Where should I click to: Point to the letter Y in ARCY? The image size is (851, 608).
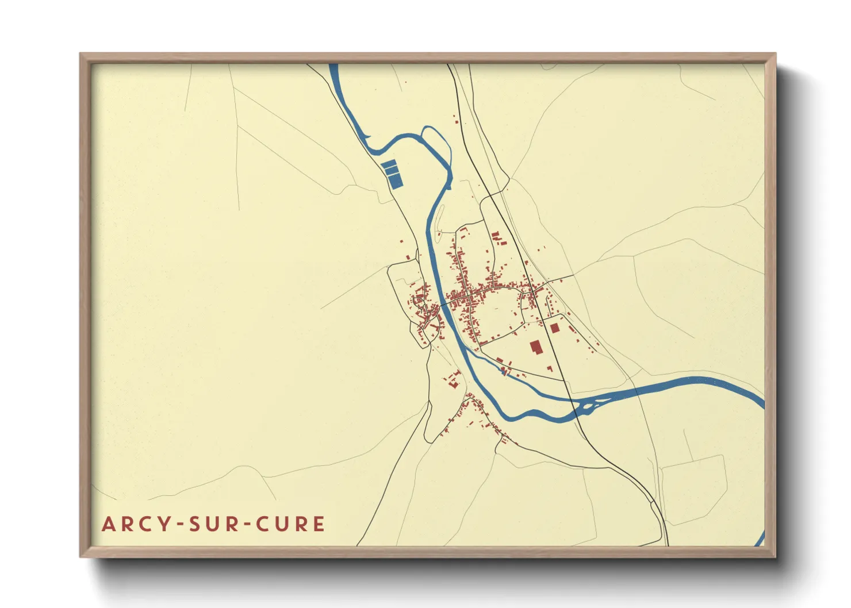tap(166, 524)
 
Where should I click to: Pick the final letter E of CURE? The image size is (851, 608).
tap(319, 524)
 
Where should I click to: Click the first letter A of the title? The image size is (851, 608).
tap(108, 524)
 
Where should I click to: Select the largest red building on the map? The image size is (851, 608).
tap(536, 347)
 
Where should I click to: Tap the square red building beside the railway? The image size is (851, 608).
tap(554, 328)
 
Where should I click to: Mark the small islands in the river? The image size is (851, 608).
tap(586, 407)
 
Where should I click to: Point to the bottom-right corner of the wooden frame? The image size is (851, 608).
tap(775, 556)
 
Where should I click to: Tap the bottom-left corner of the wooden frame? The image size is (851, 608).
tap(81, 556)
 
